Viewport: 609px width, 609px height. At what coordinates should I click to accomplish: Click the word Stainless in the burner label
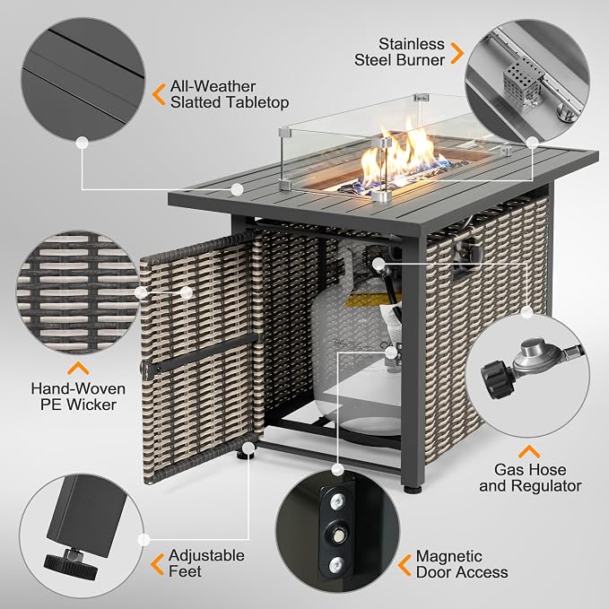pos(412,44)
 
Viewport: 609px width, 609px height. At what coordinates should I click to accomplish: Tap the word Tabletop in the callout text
pos(257,102)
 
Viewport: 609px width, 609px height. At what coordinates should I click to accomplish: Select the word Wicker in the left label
pos(91,405)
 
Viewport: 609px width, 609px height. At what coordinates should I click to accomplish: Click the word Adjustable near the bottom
pos(206,556)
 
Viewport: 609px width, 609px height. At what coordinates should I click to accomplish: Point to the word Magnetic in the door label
pos(449,556)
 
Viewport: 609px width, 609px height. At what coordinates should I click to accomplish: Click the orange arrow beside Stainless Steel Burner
pos(457,53)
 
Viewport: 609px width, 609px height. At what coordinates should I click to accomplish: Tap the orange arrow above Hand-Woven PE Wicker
pos(78,369)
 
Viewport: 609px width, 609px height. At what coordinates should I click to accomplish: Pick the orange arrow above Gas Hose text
pos(529,452)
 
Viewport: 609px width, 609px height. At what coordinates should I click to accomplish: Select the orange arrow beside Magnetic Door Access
pos(405,565)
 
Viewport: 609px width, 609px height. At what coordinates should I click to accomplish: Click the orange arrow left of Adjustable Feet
pos(157,564)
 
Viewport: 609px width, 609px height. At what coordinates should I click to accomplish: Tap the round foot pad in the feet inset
pos(70,563)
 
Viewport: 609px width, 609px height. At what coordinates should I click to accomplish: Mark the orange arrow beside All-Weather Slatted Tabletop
pos(159,94)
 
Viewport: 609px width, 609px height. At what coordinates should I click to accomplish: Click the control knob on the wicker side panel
pos(469,251)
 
